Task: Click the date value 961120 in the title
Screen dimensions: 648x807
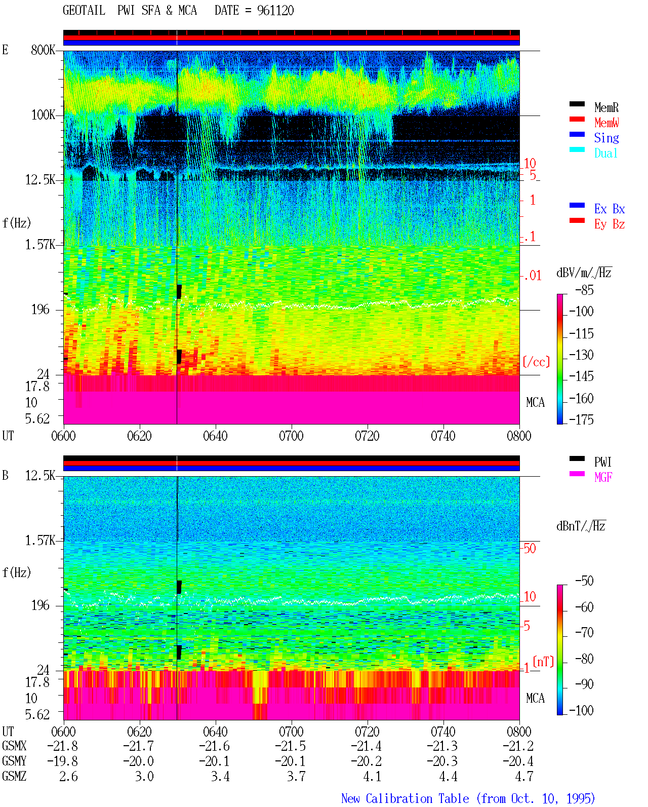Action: (x=275, y=11)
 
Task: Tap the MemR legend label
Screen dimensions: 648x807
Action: (x=606, y=107)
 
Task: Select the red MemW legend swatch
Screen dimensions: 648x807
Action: (x=577, y=119)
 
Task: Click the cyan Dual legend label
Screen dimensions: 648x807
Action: (x=606, y=153)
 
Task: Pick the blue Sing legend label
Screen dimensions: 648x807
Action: (x=606, y=138)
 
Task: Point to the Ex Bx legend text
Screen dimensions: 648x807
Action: (x=610, y=209)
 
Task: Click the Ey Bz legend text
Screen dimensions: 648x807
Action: (x=610, y=224)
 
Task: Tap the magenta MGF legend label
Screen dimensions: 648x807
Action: (x=603, y=477)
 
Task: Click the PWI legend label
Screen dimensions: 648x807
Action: (x=603, y=462)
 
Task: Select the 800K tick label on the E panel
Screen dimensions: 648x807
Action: (x=43, y=50)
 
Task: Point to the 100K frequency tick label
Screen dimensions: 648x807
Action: (x=43, y=115)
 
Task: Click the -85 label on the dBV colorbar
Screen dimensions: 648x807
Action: (x=584, y=290)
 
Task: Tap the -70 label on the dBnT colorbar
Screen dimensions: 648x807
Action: (x=584, y=632)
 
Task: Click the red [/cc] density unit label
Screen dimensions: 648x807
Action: (x=536, y=362)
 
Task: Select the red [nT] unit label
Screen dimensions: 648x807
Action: (x=543, y=662)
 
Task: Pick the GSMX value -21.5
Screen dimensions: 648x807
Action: (x=291, y=746)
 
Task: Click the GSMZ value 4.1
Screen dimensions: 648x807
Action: (x=372, y=776)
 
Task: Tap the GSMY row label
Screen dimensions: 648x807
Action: (x=14, y=761)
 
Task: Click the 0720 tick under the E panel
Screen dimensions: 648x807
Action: (x=368, y=436)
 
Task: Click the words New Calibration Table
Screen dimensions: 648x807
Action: (x=405, y=798)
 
